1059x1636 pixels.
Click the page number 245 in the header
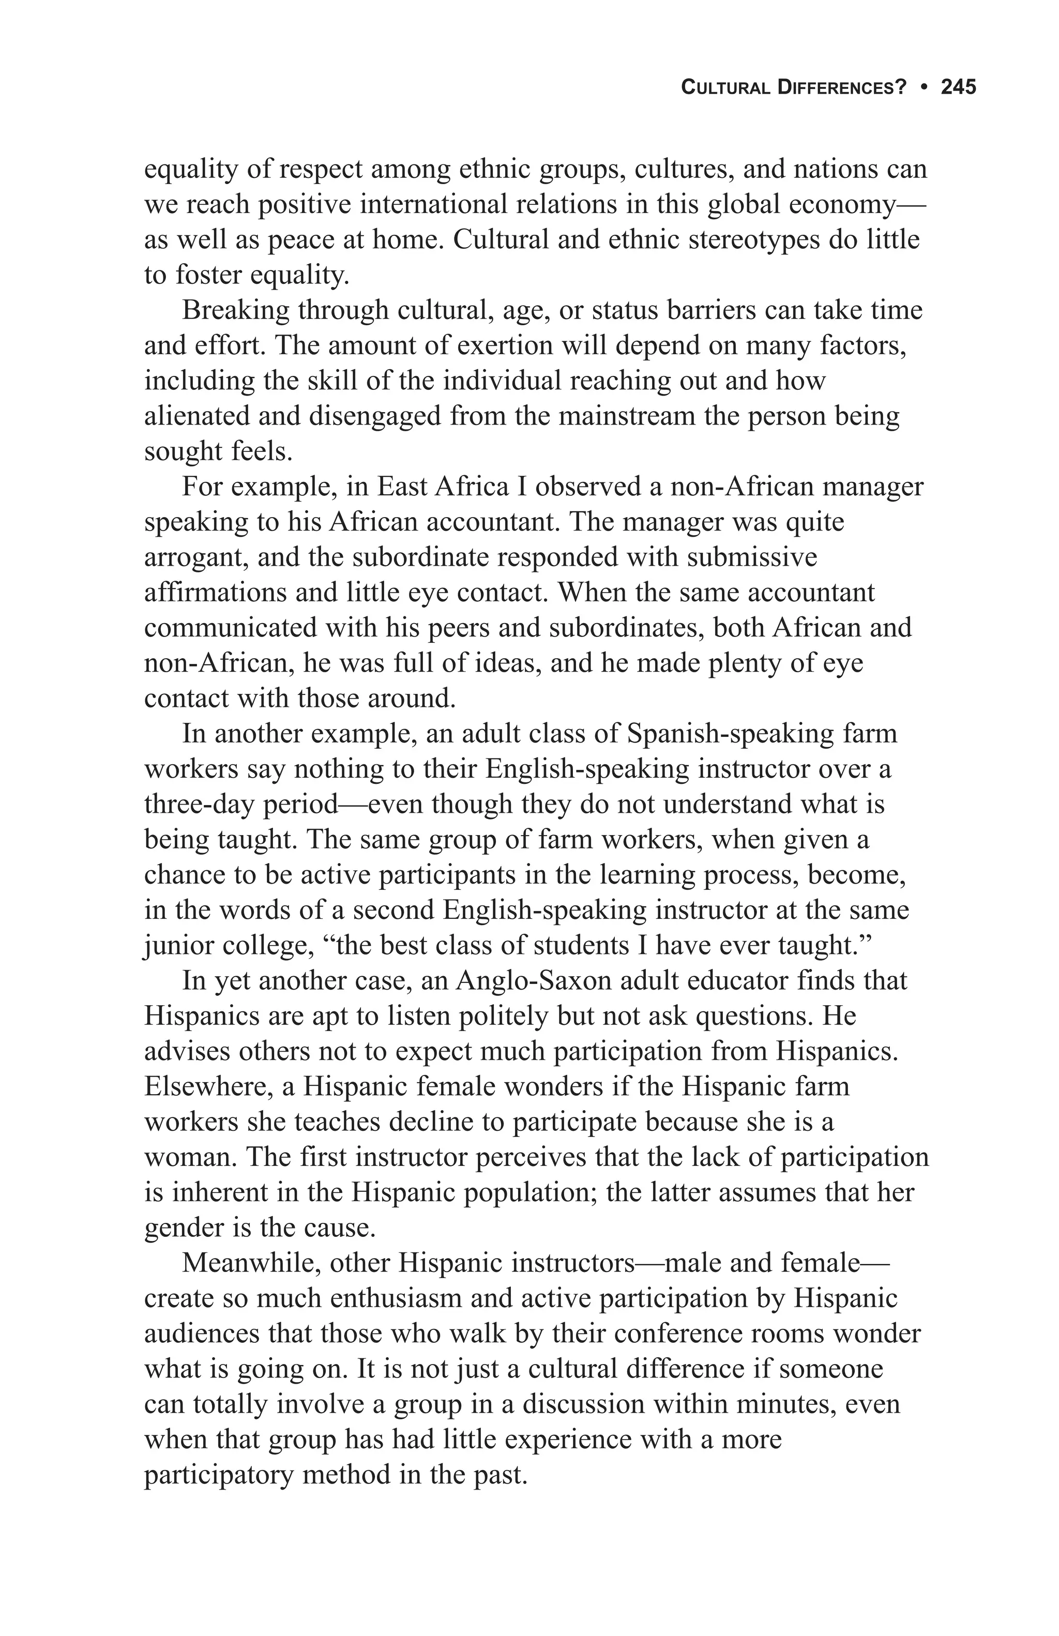click(958, 87)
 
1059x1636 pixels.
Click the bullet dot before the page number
click(925, 87)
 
